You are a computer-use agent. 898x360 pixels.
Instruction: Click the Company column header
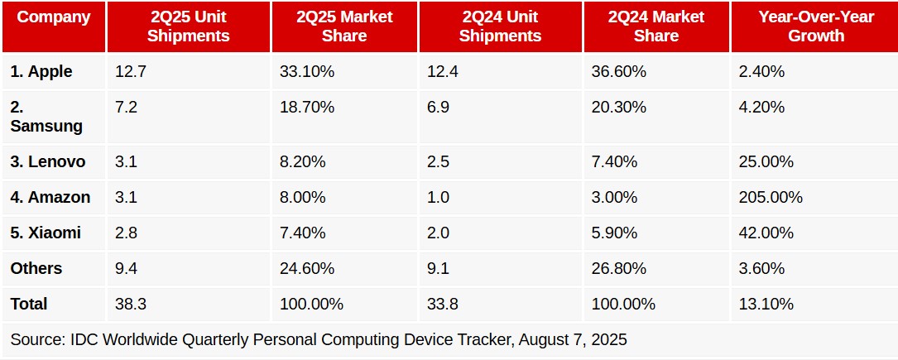(x=54, y=17)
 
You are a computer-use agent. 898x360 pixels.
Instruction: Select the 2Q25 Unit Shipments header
(x=187, y=26)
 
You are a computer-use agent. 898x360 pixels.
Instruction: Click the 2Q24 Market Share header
(x=655, y=26)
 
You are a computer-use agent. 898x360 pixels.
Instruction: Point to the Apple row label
(x=41, y=72)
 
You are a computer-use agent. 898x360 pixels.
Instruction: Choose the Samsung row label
(x=46, y=117)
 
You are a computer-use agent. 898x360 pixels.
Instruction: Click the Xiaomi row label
(x=46, y=233)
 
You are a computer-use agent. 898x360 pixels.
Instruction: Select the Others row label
(x=36, y=269)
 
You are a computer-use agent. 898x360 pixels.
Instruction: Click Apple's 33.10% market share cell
(x=307, y=72)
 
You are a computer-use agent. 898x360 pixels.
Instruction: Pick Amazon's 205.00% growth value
(x=771, y=198)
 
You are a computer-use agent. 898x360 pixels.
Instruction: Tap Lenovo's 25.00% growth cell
(x=766, y=162)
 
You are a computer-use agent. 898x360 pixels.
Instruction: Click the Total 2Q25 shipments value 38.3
(x=131, y=305)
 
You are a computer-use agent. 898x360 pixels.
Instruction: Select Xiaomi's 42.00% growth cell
(x=766, y=233)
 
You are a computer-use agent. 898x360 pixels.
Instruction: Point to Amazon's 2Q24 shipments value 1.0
(x=439, y=198)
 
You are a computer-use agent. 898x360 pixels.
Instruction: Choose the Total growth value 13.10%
(x=766, y=305)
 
